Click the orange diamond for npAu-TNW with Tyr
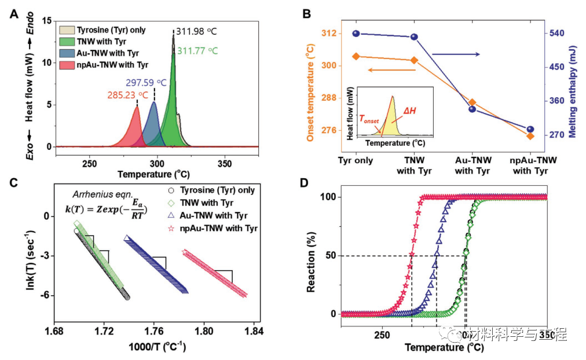[530, 135]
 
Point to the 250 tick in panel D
[381, 335]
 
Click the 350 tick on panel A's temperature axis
[224, 164]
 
